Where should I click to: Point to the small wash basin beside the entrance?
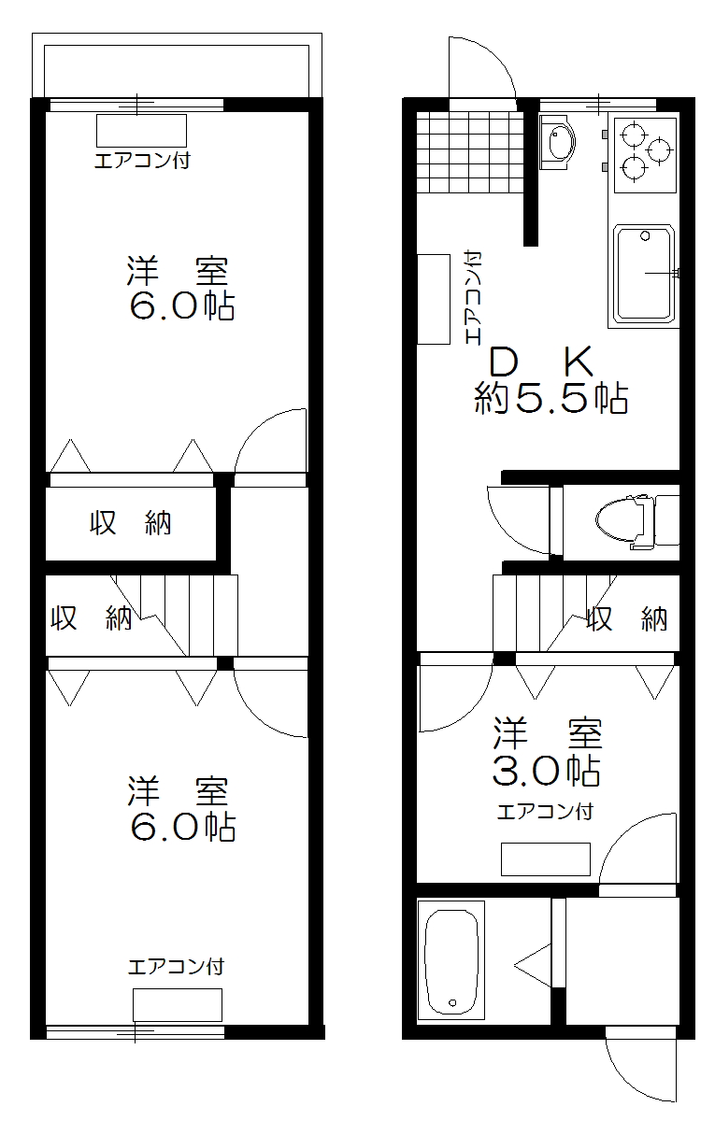pos(559,143)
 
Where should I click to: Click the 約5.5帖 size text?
pos(551,399)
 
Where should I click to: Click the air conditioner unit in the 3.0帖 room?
pos(545,858)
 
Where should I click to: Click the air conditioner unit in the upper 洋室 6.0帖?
pos(142,130)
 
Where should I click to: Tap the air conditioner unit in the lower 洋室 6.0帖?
pos(177,1004)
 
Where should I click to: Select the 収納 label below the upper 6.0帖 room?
pos(131,524)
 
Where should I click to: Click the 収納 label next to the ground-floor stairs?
pos(627,617)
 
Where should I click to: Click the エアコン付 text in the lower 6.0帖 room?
pos(176,966)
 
